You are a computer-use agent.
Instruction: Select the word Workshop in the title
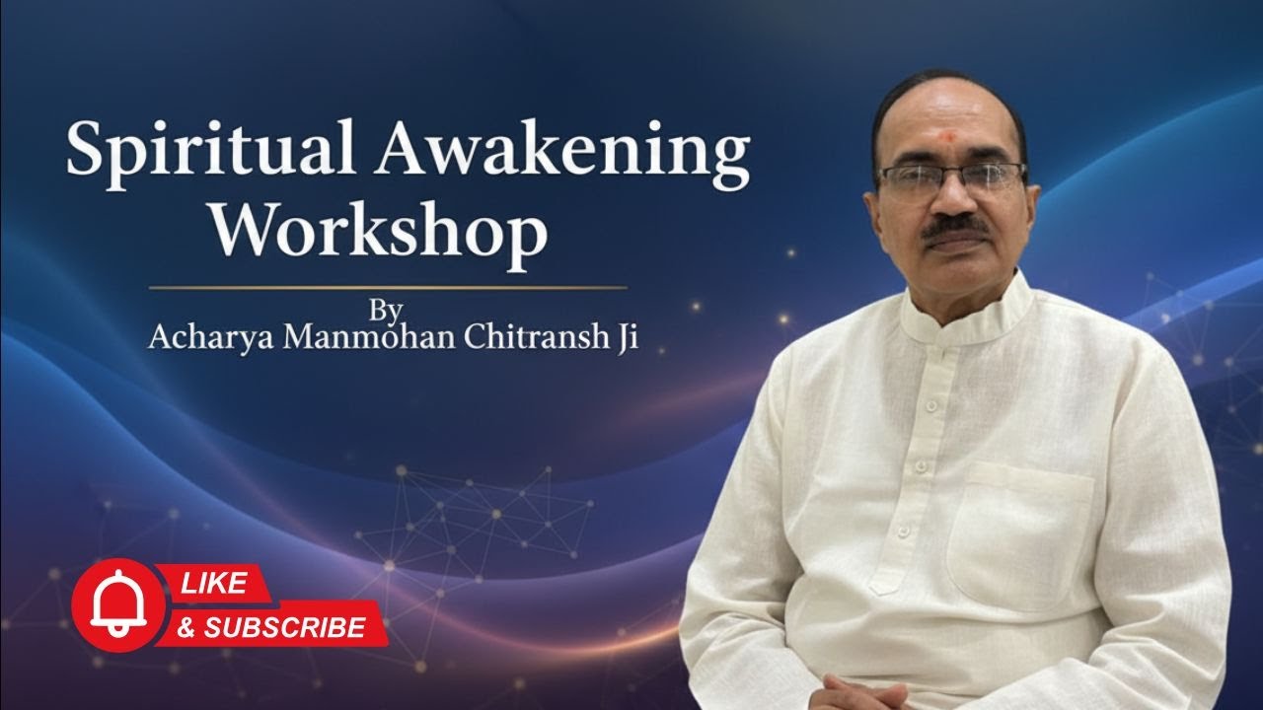pos(390,235)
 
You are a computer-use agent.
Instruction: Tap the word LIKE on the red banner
pos(212,584)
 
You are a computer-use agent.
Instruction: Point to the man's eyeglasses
pos(950,178)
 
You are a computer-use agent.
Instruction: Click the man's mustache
pos(956,228)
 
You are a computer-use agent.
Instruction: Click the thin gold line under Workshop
pos(387,288)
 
